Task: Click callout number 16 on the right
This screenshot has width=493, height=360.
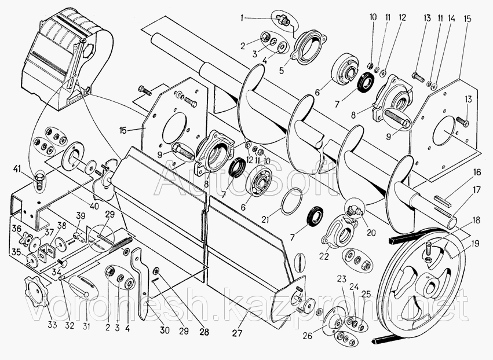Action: tap(475, 172)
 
